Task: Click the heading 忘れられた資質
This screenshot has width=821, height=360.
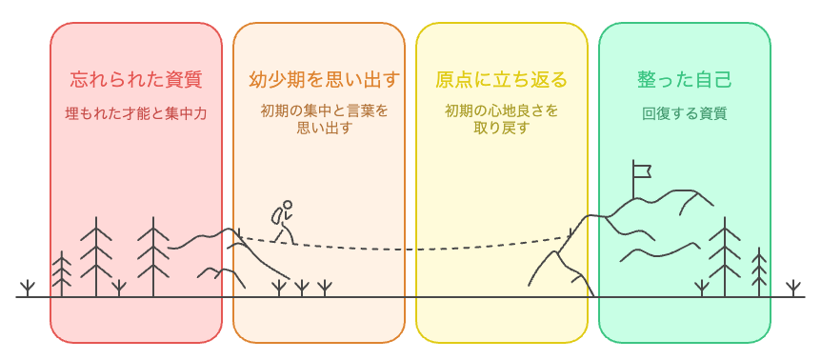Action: pos(135,78)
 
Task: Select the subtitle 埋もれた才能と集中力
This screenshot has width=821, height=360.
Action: pos(135,113)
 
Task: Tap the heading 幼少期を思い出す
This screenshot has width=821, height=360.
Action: pos(318,78)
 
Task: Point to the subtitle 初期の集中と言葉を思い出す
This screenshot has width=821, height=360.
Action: pos(318,119)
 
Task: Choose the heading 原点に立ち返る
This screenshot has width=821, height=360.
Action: pos(501,78)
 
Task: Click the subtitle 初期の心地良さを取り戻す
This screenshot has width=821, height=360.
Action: pos(501,119)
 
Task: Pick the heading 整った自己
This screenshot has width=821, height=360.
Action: pos(684,78)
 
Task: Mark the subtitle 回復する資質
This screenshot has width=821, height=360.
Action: pos(684,113)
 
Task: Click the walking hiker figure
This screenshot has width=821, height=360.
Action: pos(282,221)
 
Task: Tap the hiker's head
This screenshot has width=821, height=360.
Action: pos(287,204)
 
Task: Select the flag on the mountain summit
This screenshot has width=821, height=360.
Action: pos(642,171)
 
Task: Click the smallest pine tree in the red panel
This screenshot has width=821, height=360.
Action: pos(62,274)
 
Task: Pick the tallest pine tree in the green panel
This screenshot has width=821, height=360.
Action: pos(724,255)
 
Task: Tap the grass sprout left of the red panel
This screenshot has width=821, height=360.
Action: pos(29,288)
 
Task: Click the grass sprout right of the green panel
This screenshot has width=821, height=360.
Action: pos(792,288)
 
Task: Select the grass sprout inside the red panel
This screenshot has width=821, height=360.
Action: pos(118,288)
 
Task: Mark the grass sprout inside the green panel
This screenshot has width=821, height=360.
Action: pos(702,288)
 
